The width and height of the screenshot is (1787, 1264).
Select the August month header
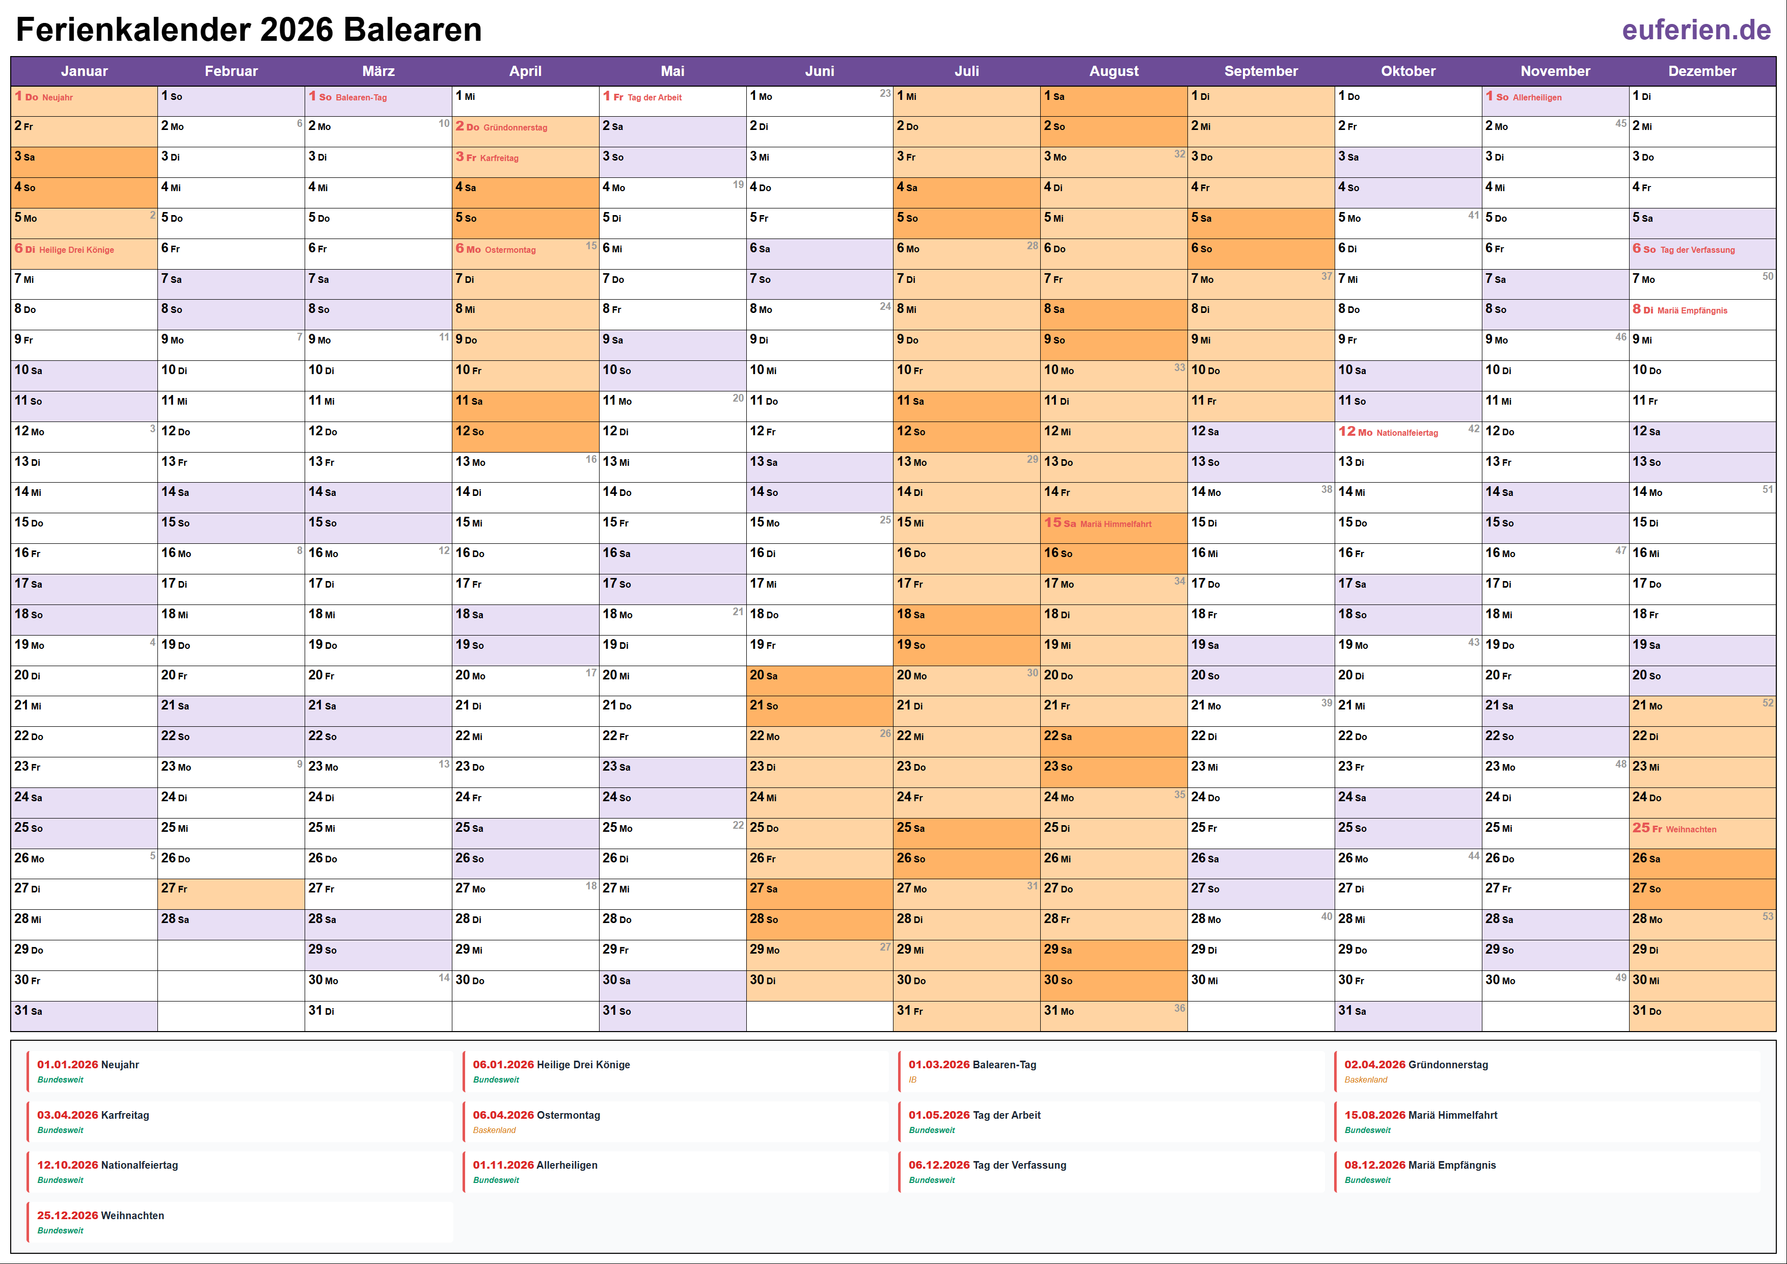click(1113, 71)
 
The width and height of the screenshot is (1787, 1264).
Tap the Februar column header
click(231, 71)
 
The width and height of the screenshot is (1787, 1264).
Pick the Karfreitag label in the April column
click(499, 158)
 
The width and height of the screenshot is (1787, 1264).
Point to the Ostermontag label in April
click(510, 250)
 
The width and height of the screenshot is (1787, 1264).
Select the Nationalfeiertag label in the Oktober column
click(1407, 433)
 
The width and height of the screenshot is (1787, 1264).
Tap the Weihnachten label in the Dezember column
click(1691, 829)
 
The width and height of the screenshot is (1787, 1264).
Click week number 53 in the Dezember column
click(1768, 916)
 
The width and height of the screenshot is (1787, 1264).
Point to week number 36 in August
click(1179, 1009)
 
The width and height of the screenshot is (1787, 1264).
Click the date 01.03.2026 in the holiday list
click(939, 1065)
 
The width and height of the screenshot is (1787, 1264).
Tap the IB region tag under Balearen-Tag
click(913, 1080)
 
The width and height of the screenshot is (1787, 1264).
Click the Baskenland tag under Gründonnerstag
click(1365, 1080)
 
